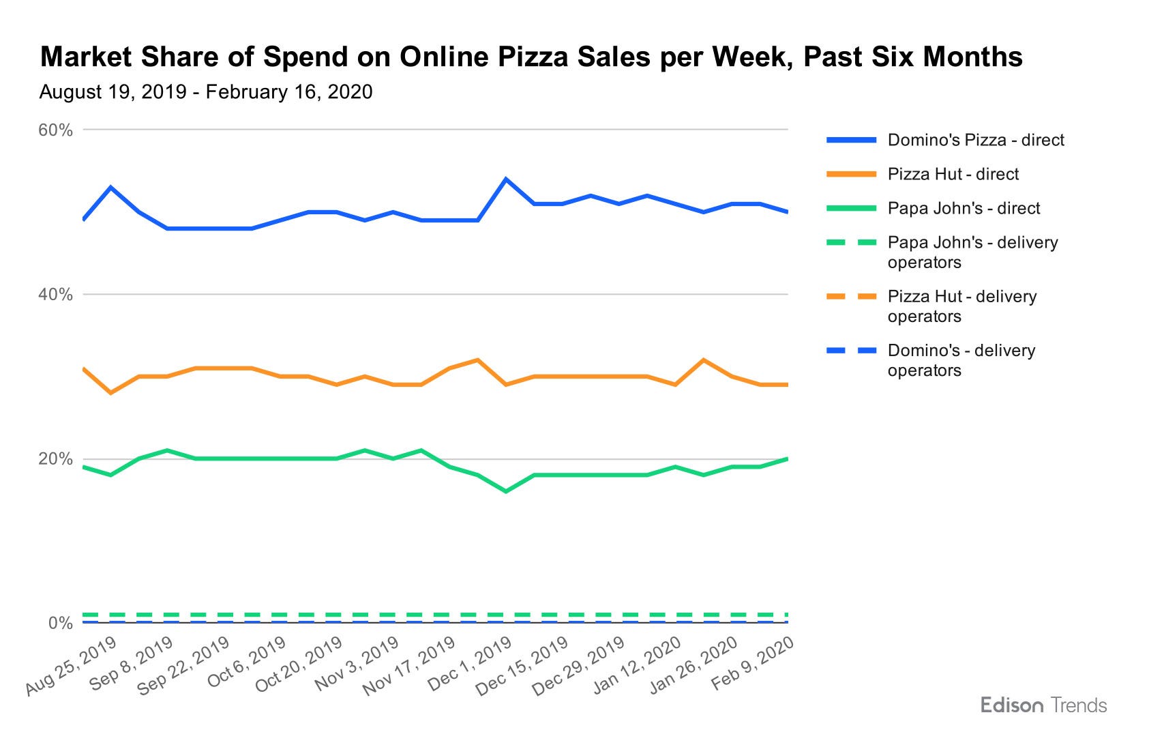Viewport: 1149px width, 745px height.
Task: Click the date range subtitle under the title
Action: (x=206, y=92)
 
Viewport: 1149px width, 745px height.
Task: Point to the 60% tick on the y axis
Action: (x=56, y=130)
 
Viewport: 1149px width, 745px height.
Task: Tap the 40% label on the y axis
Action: (x=56, y=295)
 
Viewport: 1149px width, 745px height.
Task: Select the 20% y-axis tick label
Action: (x=56, y=459)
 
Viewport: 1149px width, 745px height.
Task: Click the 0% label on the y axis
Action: (x=60, y=623)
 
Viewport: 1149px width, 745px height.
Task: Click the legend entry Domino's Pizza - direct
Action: (x=975, y=141)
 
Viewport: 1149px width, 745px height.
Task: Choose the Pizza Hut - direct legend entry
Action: (x=953, y=175)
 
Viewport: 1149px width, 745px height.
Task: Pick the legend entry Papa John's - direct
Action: (x=963, y=209)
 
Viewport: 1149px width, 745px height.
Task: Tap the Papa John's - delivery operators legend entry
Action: (x=972, y=252)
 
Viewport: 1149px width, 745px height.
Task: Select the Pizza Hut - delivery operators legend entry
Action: (x=961, y=306)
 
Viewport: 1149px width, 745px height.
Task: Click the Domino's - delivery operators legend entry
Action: (x=961, y=360)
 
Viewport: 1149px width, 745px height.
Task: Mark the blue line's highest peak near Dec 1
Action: (x=505, y=179)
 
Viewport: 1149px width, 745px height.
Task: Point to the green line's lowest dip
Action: (x=505, y=491)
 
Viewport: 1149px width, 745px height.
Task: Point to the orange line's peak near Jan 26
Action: (x=703, y=360)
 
